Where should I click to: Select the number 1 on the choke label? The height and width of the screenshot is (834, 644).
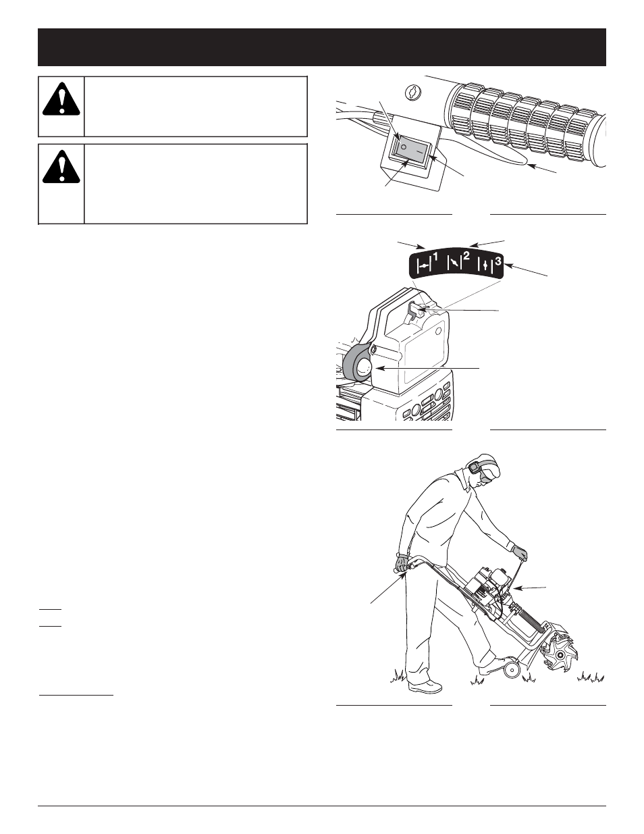[435, 257]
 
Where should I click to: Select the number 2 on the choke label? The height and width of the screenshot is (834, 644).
[466, 257]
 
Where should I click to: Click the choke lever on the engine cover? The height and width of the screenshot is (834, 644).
[417, 310]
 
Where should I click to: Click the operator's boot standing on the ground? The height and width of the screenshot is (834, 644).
[423, 687]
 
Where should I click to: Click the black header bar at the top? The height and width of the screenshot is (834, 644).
[322, 47]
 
